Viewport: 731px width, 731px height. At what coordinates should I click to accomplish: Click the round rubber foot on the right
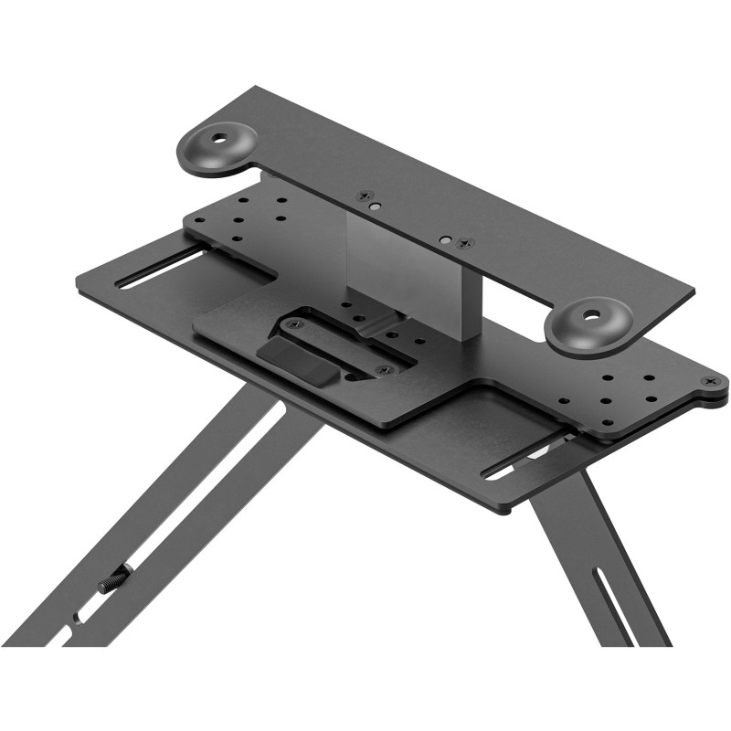click(x=589, y=324)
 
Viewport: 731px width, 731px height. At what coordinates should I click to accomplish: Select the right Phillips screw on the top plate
click(x=465, y=243)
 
